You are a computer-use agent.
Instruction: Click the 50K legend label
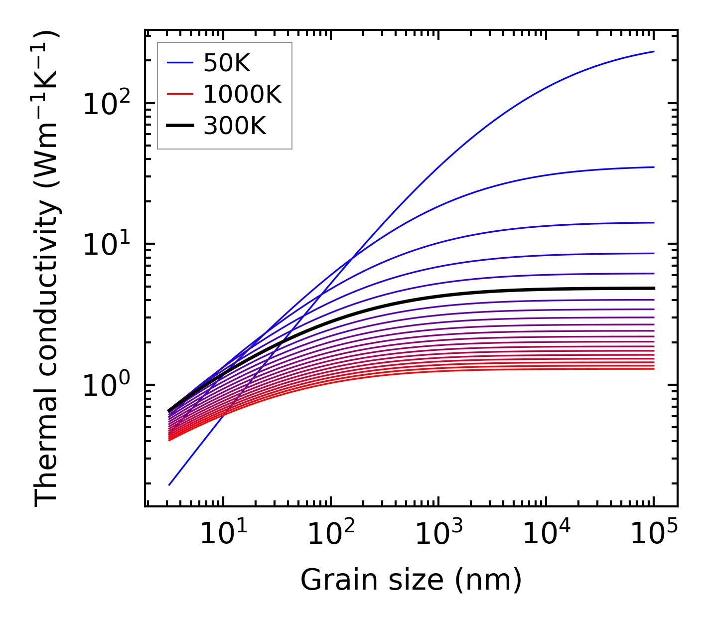(x=226, y=63)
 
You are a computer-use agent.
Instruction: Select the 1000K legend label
(x=242, y=95)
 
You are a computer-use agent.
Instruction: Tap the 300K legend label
(x=235, y=126)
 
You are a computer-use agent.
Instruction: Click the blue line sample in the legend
(x=180, y=63)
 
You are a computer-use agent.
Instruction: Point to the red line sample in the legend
(x=180, y=95)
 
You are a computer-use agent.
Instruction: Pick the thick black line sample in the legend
(x=180, y=126)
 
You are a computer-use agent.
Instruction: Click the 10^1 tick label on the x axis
(x=223, y=535)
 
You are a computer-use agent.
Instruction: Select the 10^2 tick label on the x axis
(x=331, y=535)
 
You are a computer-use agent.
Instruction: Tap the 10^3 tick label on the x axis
(x=438, y=535)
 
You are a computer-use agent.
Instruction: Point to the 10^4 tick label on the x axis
(x=546, y=535)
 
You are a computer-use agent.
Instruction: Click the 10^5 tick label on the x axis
(x=654, y=535)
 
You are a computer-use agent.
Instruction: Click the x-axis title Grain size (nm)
(x=411, y=580)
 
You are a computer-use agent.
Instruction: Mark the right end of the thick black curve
(x=653, y=288)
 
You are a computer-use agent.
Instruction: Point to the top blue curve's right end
(x=653, y=51)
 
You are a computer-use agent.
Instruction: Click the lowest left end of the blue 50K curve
(x=169, y=484)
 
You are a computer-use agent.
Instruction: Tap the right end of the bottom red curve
(x=653, y=368)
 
